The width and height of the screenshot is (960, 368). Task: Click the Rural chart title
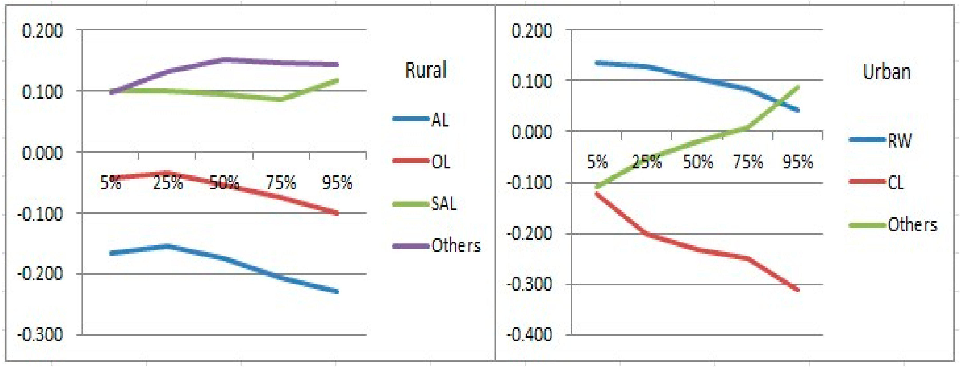pyautogui.click(x=426, y=70)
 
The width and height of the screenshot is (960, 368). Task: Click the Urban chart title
pyautogui.click(x=887, y=72)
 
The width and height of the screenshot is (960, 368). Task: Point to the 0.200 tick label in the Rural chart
pyautogui.click(x=42, y=30)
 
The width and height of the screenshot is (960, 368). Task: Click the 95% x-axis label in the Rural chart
pyautogui.click(x=337, y=183)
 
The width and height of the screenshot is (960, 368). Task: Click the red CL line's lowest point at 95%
pyautogui.click(x=797, y=290)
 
